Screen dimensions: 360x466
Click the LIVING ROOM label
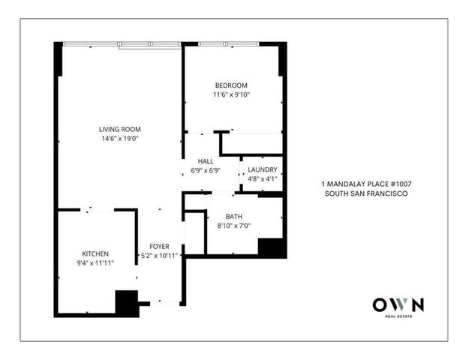[121, 128]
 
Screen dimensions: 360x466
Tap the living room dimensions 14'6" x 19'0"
[121, 138]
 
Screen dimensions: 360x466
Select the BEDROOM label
[230, 85]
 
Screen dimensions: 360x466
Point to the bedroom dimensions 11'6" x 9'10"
[230, 95]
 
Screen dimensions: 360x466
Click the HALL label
[206, 161]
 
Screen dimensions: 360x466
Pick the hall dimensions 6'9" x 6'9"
[206, 172]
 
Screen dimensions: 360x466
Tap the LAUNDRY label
[263, 169]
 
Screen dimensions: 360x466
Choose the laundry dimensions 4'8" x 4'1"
[263, 179]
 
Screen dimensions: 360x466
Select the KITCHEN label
[96, 254]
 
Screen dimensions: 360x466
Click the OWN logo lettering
[398, 304]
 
